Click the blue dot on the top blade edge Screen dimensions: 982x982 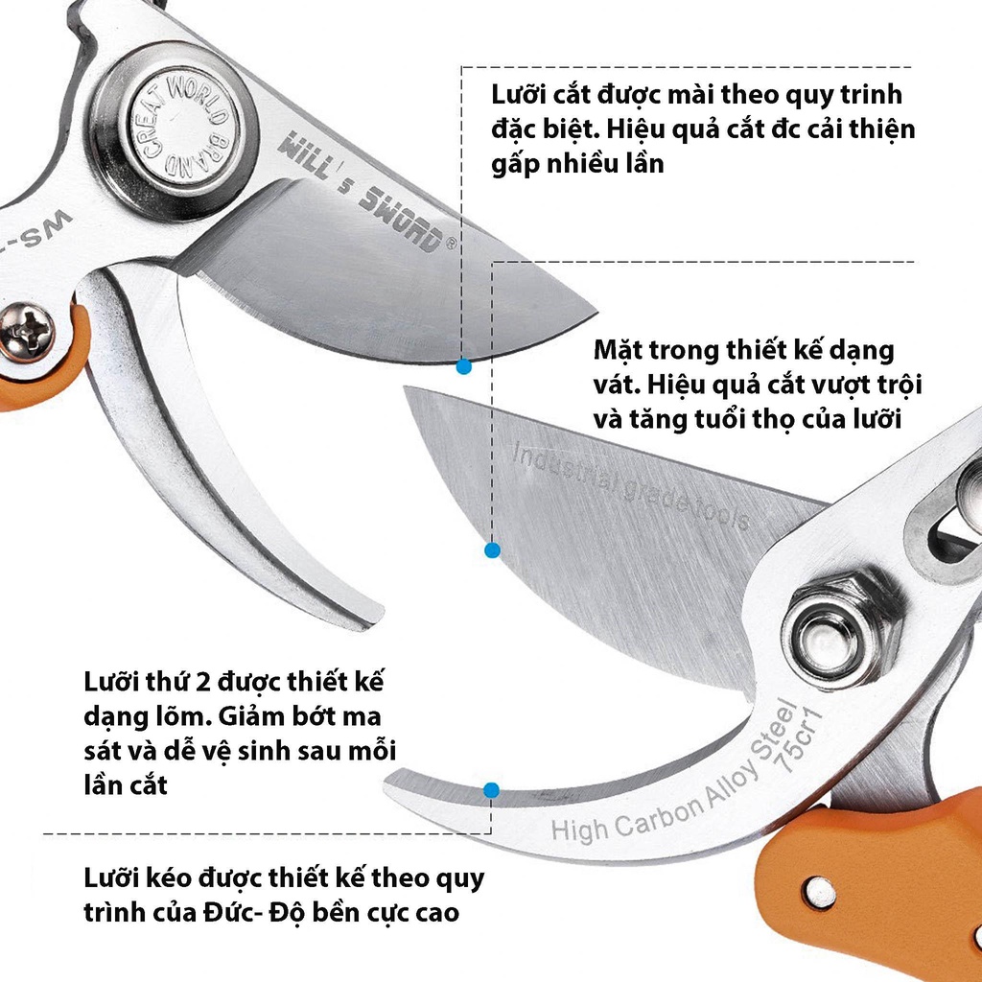click(x=464, y=365)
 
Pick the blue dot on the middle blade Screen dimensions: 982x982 click(x=492, y=550)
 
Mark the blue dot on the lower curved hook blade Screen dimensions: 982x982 click(x=491, y=790)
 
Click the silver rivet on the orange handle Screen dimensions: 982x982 click(x=818, y=892)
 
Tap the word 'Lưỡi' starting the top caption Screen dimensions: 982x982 click(x=517, y=97)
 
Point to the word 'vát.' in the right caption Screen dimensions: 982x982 click(x=618, y=385)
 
